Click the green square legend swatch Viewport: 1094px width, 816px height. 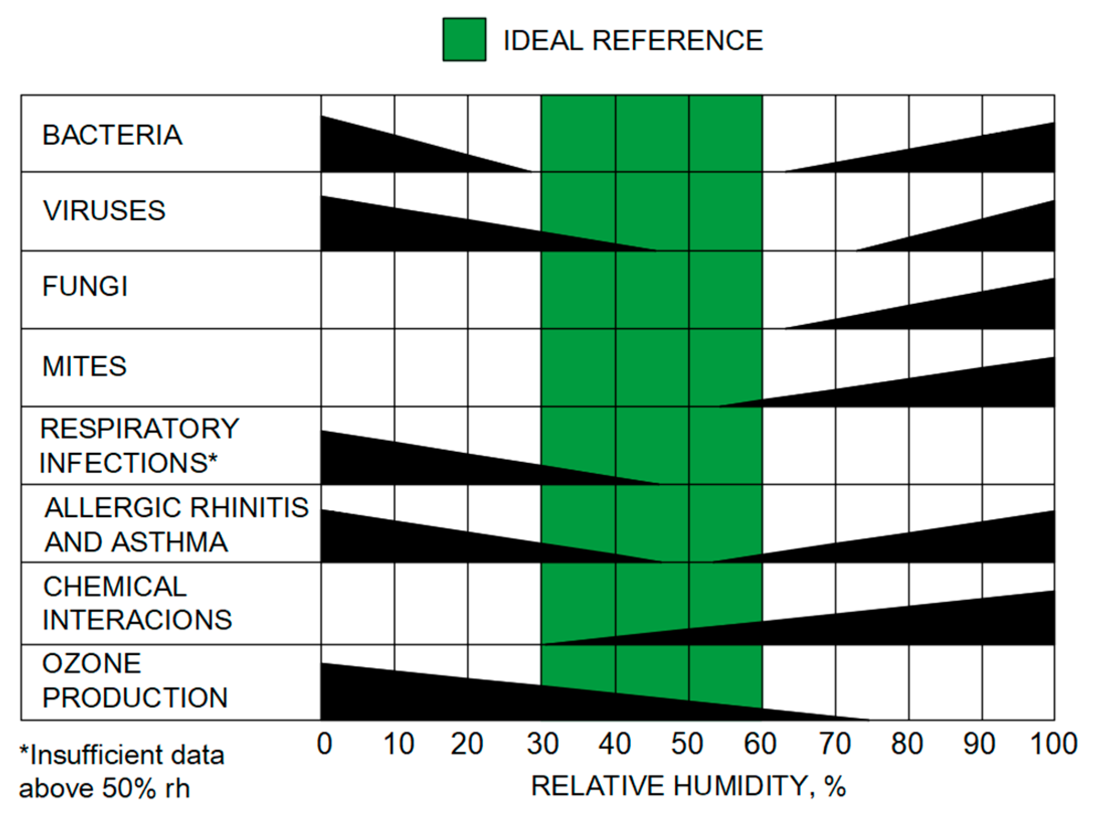(464, 40)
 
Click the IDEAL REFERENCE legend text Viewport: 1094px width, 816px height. (633, 41)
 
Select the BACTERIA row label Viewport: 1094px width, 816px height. (112, 135)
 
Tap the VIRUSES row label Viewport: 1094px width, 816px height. (104, 210)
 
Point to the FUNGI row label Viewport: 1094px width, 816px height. (85, 286)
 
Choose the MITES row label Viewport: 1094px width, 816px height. (84, 366)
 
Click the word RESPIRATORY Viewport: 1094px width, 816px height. (140, 429)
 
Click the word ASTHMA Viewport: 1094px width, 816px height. (170, 542)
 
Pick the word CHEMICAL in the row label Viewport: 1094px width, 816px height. (115, 587)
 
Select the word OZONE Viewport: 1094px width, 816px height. (92, 663)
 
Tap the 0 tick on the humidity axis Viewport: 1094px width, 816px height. (324, 744)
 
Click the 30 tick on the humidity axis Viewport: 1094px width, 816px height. (542, 744)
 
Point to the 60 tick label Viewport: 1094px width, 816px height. (760, 744)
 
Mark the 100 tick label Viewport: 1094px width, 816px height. (1053, 744)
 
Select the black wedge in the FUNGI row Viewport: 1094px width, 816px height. (980, 312)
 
